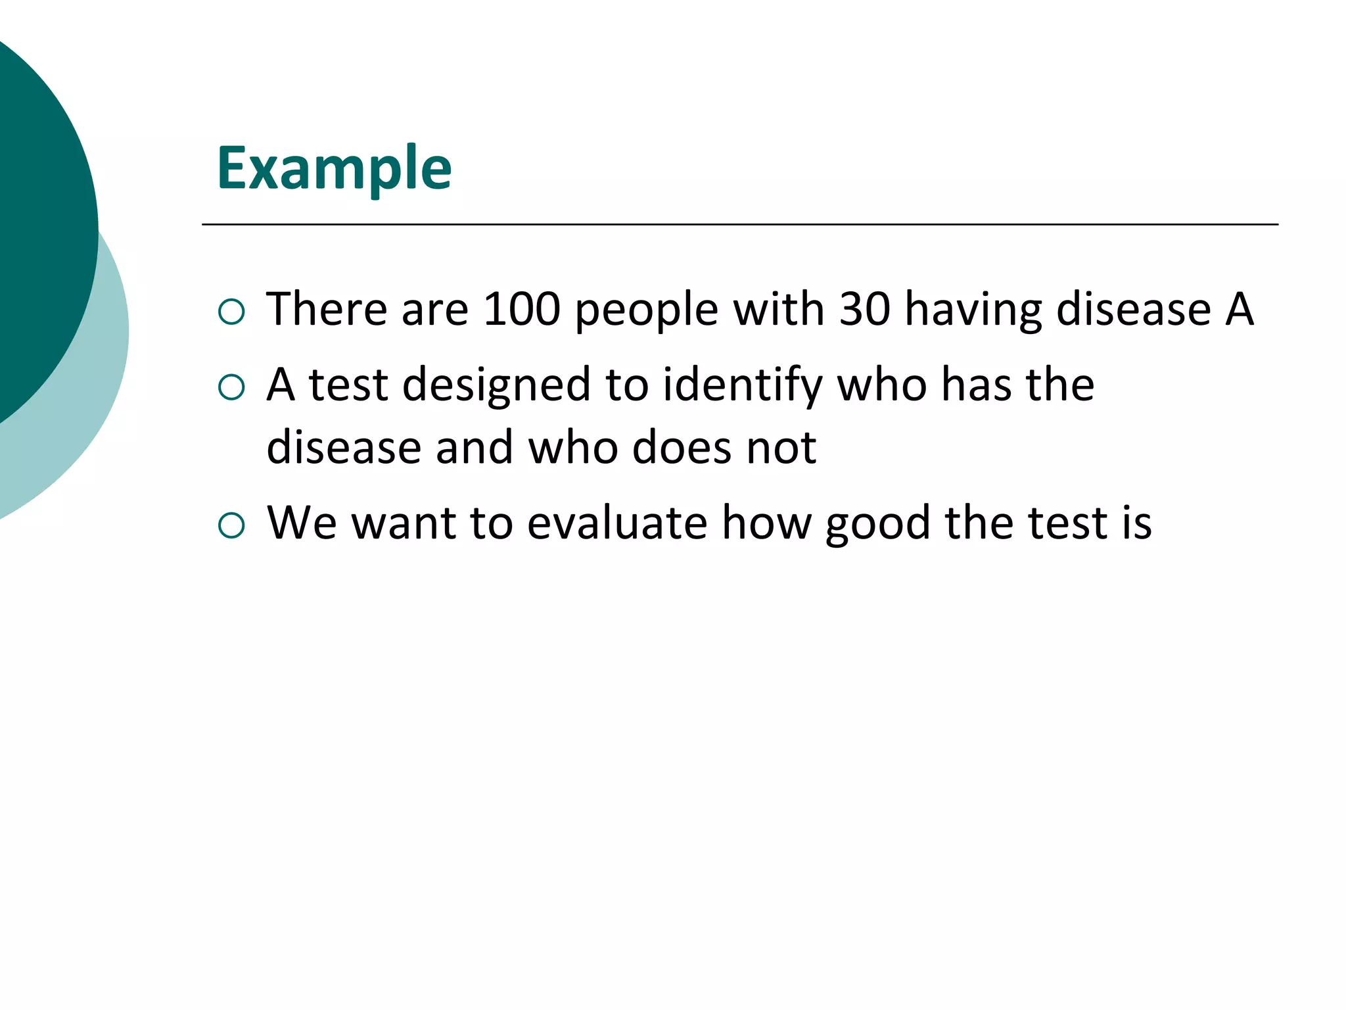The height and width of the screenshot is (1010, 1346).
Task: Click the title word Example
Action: [334, 169]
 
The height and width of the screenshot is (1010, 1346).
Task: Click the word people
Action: [646, 310]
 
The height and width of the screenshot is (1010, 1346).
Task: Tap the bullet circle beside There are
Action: [231, 312]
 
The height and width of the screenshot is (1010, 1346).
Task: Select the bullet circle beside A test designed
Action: [231, 387]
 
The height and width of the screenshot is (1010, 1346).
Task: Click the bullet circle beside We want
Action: [231, 525]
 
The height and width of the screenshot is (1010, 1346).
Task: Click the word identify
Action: [742, 386]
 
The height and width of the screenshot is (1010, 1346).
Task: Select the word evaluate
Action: [617, 523]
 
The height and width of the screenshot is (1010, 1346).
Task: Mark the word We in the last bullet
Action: [302, 523]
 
